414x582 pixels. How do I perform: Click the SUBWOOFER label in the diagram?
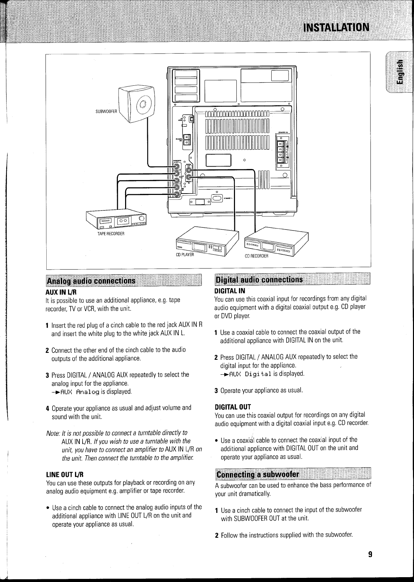106,111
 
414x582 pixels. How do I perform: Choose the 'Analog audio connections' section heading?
92,280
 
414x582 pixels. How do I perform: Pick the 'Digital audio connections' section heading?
259,280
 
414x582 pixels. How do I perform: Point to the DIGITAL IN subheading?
230,290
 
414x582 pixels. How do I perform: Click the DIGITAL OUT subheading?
233,406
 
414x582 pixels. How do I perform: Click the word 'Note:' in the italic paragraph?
53,433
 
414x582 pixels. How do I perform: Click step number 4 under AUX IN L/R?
47,408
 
